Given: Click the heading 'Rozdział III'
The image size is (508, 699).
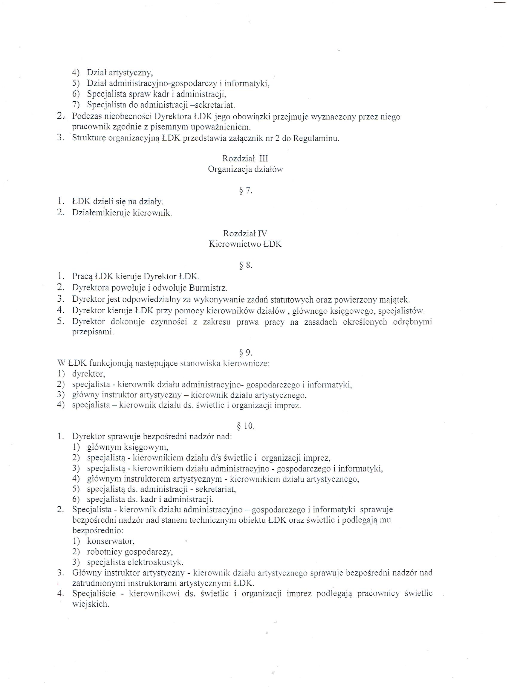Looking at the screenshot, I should [245, 158].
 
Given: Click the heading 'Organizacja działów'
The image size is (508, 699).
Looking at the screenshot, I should [245, 169].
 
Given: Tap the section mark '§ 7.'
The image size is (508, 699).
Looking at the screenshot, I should [246, 191].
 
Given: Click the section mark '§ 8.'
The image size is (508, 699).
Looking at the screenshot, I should [246, 265].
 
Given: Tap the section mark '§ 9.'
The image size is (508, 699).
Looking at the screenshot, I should [246, 352].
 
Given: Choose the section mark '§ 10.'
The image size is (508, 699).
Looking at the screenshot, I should [246, 426].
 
